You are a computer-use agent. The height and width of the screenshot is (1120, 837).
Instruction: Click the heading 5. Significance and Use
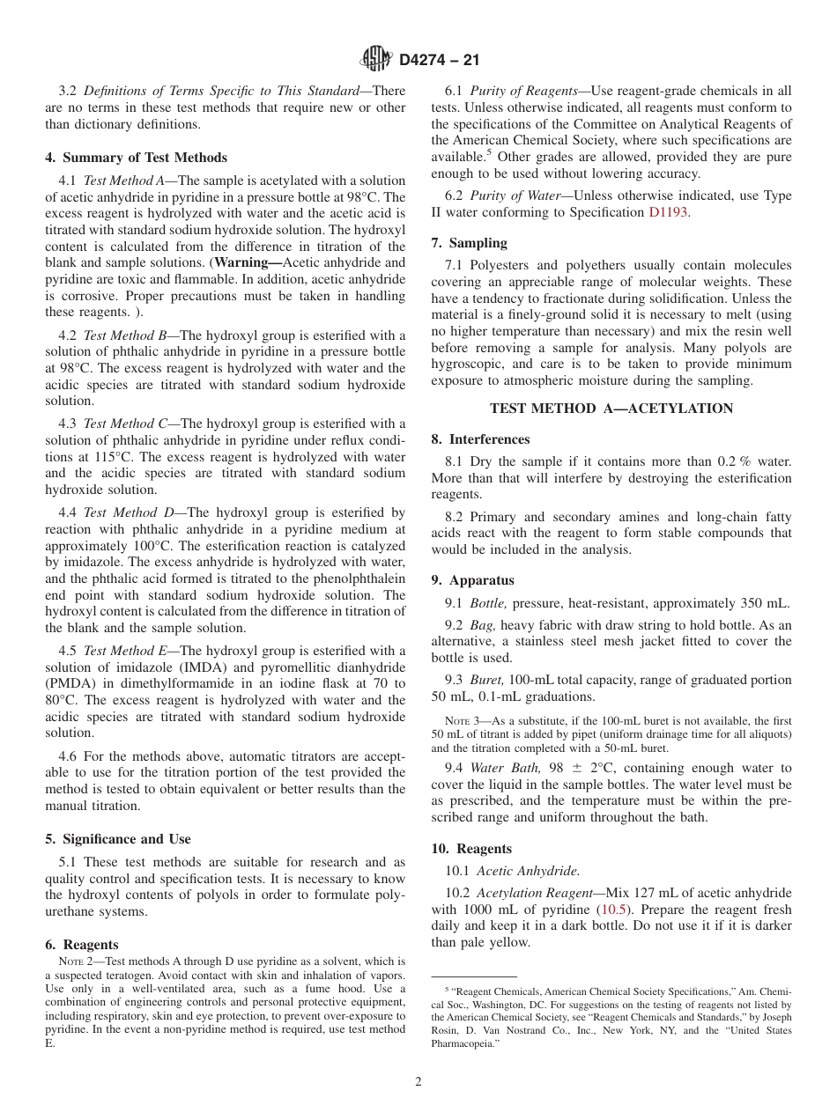point(118,839)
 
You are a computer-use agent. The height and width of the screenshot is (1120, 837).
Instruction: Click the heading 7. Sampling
point(469,242)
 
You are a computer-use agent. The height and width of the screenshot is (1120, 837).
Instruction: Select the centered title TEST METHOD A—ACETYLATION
point(611,409)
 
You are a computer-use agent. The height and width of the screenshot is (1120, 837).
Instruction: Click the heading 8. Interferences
point(480,439)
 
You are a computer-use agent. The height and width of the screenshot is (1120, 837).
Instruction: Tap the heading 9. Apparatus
point(472,580)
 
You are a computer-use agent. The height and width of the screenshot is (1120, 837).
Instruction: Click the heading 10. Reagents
point(471,849)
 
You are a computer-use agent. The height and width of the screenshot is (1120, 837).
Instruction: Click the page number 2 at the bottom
point(418,1082)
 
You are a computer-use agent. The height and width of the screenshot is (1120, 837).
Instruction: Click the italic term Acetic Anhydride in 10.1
point(528,871)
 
